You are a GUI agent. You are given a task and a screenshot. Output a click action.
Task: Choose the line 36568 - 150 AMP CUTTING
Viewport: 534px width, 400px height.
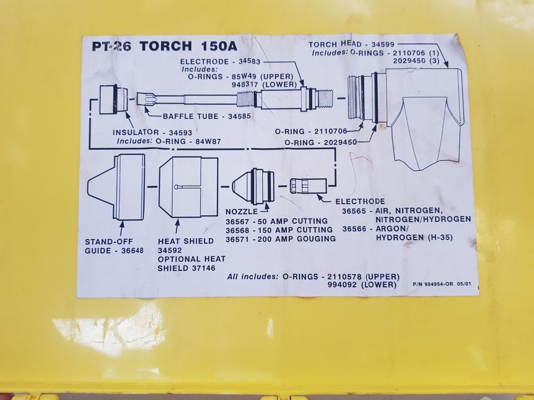coord(279,230)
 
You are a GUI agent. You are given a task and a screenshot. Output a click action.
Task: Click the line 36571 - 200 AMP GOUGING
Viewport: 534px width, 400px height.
coord(280,239)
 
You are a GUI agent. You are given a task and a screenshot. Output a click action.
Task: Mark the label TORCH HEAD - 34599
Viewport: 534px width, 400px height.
coord(350,45)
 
